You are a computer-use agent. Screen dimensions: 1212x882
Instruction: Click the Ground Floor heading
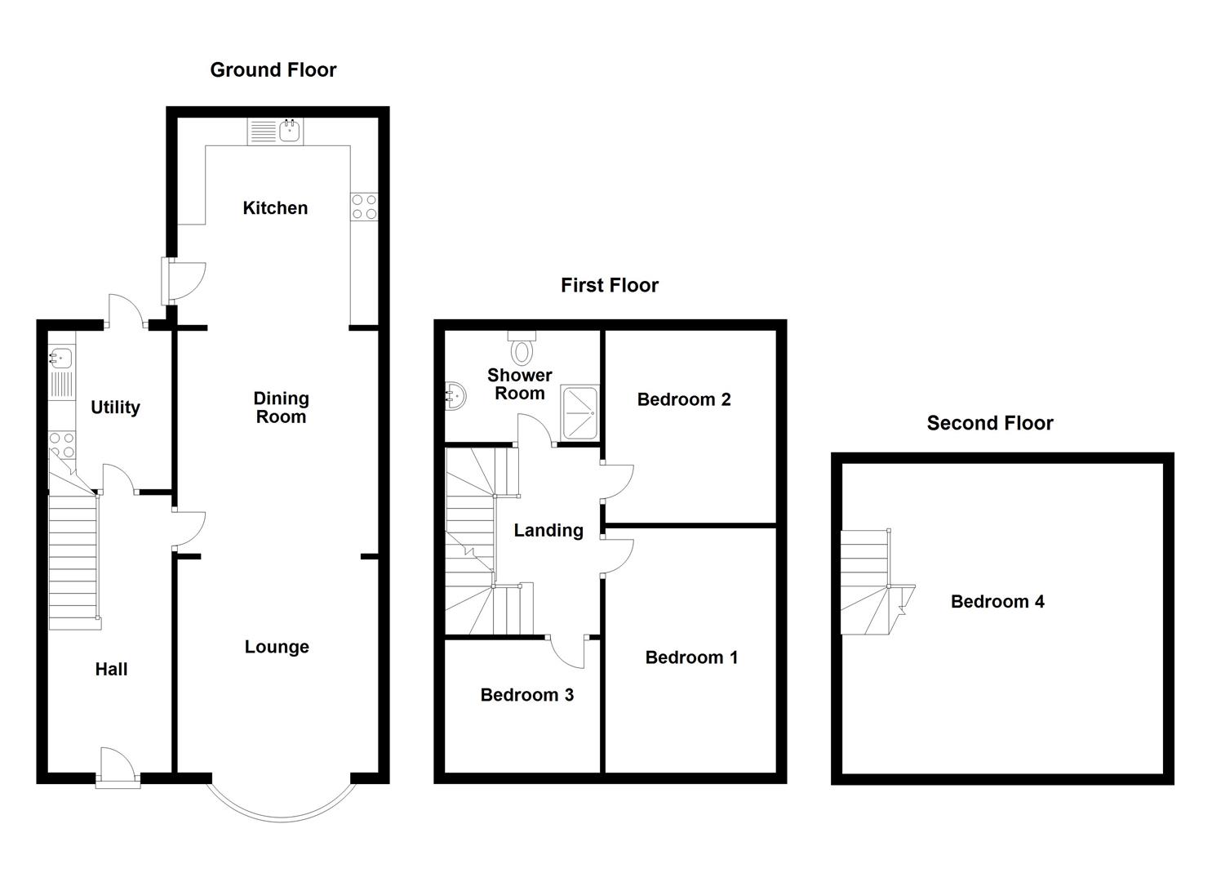tap(273, 70)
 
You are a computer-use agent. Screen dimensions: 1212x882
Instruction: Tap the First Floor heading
tap(610, 285)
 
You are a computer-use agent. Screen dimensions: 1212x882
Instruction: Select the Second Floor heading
tap(990, 423)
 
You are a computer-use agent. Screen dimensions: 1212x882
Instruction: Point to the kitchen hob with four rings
tap(364, 207)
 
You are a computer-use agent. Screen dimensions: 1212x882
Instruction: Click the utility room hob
tap(62, 445)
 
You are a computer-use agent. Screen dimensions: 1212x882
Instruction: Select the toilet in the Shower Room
tap(522, 347)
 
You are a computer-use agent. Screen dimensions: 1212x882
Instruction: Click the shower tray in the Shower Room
tap(580, 412)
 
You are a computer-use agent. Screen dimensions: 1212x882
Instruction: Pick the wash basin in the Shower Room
tap(455, 396)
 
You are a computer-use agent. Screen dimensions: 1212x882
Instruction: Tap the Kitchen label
tap(275, 208)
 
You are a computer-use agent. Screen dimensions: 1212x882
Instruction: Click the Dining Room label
tap(282, 408)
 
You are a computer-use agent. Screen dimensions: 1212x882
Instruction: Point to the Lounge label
tap(277, 647)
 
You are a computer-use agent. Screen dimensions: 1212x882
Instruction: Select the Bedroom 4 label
tap(997, 602)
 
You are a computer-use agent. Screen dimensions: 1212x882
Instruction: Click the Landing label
tap(548, 531)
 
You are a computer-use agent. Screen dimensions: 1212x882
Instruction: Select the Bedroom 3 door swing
tap(567, 653)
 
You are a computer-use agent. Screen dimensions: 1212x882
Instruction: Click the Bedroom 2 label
tap(684, 399)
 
